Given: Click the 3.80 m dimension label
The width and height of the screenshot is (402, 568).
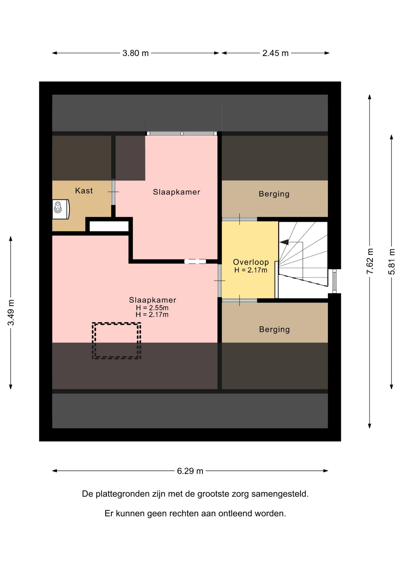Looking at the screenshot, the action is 135,53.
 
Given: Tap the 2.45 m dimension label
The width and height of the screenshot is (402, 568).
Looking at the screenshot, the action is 275,53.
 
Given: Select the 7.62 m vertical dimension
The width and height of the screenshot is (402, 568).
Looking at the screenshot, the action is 370,261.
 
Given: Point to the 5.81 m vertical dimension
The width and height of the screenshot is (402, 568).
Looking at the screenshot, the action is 392,262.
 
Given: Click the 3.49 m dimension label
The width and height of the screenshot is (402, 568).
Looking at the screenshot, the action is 11,312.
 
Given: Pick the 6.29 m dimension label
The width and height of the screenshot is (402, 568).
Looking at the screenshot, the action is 190,471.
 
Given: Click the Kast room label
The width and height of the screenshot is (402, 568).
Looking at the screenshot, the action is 84,191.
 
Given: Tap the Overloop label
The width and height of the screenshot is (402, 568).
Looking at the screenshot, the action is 251,262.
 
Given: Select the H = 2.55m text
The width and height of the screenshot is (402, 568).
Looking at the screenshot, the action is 152,308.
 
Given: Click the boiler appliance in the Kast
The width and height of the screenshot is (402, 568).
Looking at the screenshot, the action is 61,209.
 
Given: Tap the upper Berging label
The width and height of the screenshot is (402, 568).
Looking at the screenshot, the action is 274,194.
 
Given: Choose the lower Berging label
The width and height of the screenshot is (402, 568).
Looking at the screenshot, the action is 274,330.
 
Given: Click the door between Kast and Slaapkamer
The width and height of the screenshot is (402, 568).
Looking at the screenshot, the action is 113,192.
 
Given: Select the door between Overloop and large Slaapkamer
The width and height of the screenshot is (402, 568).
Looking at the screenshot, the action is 220,280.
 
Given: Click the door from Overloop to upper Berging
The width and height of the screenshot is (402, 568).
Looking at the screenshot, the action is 239,219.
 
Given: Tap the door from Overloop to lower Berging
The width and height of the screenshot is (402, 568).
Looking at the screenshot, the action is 239,301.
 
